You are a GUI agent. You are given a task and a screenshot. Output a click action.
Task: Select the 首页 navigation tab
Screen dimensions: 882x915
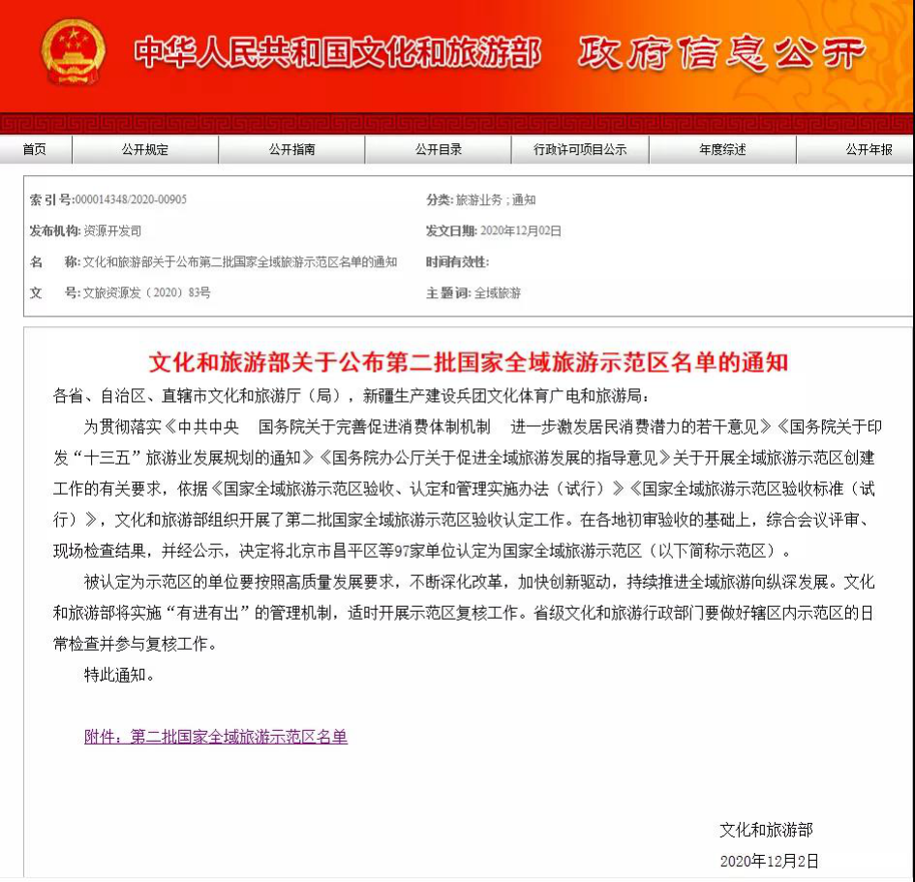click(x=35, y=149)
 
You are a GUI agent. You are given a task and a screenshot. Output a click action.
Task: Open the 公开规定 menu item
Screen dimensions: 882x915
click(x=145, y=149)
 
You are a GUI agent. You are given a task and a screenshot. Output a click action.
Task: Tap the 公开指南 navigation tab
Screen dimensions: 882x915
click(x=291, y=149)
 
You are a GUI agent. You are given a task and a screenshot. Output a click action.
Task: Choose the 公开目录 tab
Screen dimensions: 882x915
click(x=439, y=149)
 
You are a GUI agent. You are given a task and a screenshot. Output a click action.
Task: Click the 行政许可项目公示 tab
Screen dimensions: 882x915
click(x=580, y=149)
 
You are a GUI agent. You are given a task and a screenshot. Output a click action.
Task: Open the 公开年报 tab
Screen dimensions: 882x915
click(x=868, y=149)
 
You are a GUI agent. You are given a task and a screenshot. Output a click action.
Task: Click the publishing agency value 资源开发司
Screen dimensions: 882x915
click(x=112, y=230)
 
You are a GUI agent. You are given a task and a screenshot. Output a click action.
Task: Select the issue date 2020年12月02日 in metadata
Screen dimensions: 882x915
click(x=521, y=230)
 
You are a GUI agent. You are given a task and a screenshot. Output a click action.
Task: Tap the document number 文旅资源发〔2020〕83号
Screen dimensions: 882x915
click(x=146, y=292)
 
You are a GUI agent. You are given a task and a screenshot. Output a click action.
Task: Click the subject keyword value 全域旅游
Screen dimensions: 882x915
click(x=498, y=292)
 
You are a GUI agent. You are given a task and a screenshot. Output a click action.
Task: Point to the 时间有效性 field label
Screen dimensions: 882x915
click(x=457, y=261)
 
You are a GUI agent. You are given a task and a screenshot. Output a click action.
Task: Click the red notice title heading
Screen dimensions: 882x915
click(x=469, y=363)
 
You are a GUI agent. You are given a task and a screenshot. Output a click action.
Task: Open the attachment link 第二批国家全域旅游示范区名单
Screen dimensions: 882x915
click(x=216, y=737)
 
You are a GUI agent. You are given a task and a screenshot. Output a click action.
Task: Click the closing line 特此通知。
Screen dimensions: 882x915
click(x=119, y=675)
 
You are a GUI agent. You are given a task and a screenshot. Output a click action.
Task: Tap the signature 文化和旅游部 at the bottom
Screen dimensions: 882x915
click(x=766, y=830)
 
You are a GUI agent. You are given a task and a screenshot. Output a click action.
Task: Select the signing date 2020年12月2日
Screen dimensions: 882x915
click(x=770, y=861)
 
